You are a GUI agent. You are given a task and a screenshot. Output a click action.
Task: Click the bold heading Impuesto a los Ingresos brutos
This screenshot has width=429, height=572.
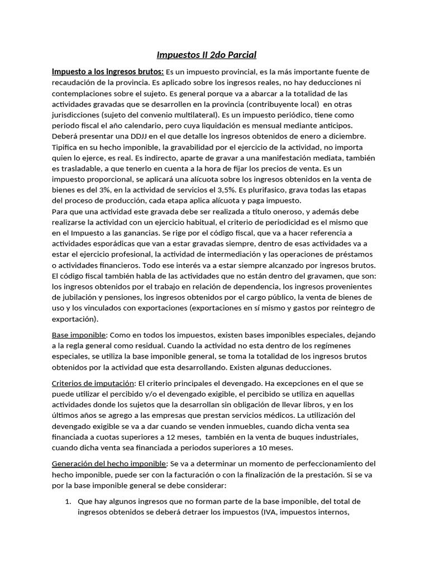point(107,72)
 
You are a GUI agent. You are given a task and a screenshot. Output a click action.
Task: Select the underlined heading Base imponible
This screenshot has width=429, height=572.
point(79,335)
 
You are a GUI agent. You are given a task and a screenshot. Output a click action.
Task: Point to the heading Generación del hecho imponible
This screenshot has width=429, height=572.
point(109,464)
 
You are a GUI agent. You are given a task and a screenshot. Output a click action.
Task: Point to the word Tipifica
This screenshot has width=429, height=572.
point(66,147)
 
